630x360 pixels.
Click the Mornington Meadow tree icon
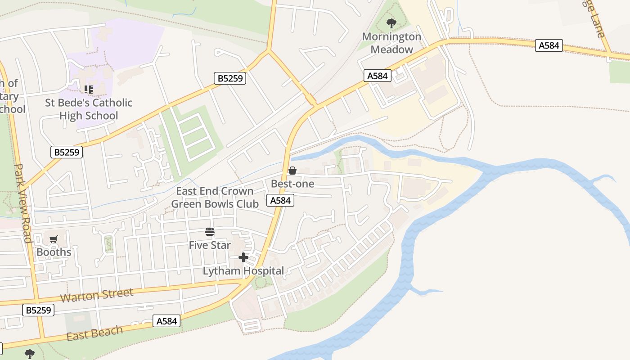[x=391, y=22]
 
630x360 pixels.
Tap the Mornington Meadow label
[x=391, y=43]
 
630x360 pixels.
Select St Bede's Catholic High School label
[x=89, y=109]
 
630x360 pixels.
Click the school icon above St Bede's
[x=89, y=89]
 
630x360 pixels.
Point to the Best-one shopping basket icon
[x=292, y=171]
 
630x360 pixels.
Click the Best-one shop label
[x=292, y=184]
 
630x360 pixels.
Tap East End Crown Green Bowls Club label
[x=215, y=198]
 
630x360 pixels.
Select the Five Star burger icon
[x=210, y=232]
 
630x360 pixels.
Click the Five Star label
[x=210, y=245]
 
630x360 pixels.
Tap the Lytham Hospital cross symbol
[x=243, y=257]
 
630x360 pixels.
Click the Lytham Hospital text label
[x=243, y=271]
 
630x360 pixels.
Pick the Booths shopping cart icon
[x=54, y=239]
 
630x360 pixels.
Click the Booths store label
[x=54, y=252]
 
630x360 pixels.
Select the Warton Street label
[x=97, y=296]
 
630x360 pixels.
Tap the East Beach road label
[x=94, y=333]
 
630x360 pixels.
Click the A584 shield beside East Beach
[x=166, y=321]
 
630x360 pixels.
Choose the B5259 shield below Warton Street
[x=38, y=310]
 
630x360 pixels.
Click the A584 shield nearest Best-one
[x=281, y=201]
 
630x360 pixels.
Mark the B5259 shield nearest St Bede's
[x=67, y=152]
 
